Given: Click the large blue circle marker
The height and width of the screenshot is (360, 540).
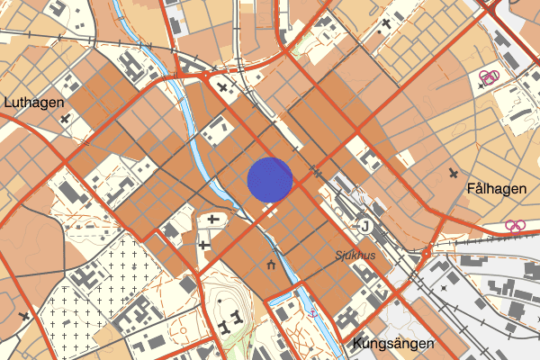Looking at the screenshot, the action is click(270, 180).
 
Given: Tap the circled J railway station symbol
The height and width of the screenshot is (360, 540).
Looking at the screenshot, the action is click(364, 225).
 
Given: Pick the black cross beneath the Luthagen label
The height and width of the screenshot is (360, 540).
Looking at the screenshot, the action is click(63, 118).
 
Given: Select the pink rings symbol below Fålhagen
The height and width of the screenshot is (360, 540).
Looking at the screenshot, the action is click(515, 226).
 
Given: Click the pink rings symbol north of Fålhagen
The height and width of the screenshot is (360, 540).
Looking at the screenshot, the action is click(488, 78).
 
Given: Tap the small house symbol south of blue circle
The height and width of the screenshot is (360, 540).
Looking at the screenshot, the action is click(272, 265).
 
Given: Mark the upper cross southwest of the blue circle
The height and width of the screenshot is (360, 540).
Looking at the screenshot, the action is click(213, 219).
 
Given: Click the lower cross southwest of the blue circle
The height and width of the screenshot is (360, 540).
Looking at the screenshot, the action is click(204, 243).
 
